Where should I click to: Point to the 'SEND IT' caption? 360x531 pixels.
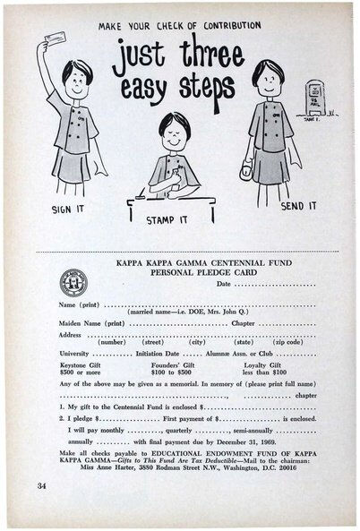click(x=298, y=205)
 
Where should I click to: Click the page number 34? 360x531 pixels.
click(x=42, y=485)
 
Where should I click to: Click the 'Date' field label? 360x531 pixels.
click(x=223, y=284)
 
